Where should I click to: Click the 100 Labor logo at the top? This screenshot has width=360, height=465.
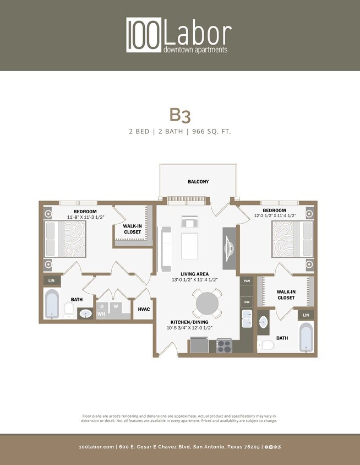coord(179,35)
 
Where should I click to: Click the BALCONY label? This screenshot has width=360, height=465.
coord(198,181)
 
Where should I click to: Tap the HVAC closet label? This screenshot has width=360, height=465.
coord(143,309)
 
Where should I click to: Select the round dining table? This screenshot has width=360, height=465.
coord(207,304)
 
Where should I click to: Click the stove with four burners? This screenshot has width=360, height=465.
coord(224,346)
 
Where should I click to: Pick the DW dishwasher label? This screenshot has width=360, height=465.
coord(247,302)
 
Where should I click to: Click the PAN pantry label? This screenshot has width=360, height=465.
coord(247,281)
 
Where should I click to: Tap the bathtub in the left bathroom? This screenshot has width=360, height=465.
coord(52,305)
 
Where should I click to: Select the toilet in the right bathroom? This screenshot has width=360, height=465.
coord(268,345)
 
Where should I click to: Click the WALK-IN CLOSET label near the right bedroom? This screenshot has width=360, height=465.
coord(285,295)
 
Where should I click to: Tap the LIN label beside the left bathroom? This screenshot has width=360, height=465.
coord(52,281)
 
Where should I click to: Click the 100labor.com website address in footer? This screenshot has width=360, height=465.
coord(97,447)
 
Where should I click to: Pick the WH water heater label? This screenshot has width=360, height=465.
coord(101,313)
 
